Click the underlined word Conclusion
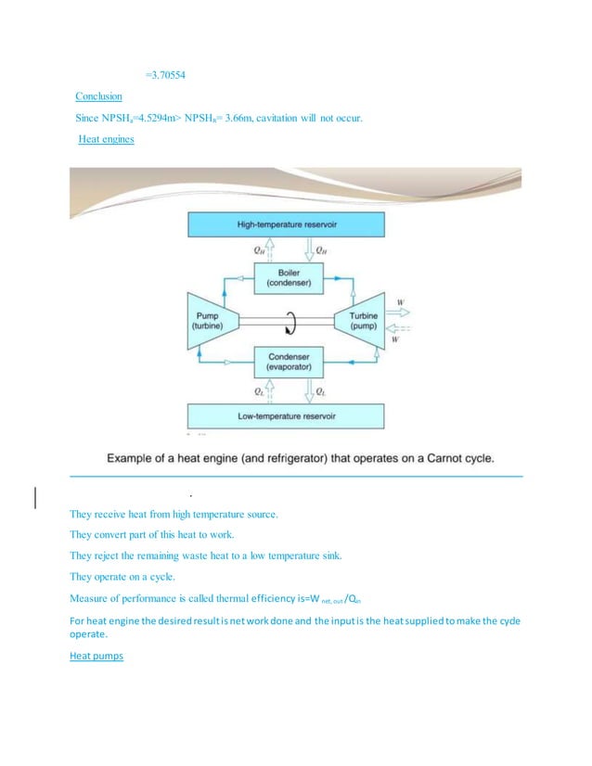coord(99,96)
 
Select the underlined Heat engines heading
coord(106,139)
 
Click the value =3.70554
coord(173,73)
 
